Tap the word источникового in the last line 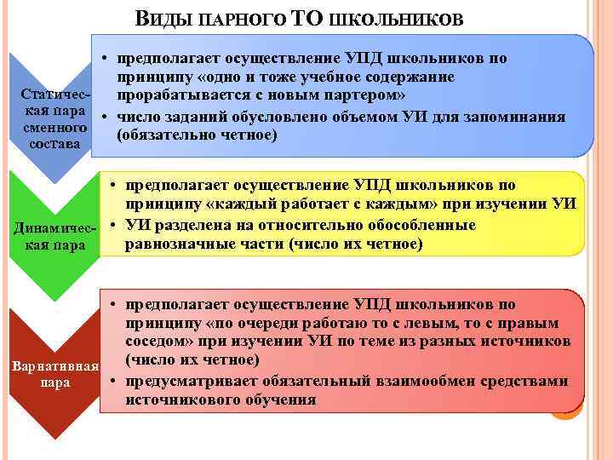click(x=177, y=400)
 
